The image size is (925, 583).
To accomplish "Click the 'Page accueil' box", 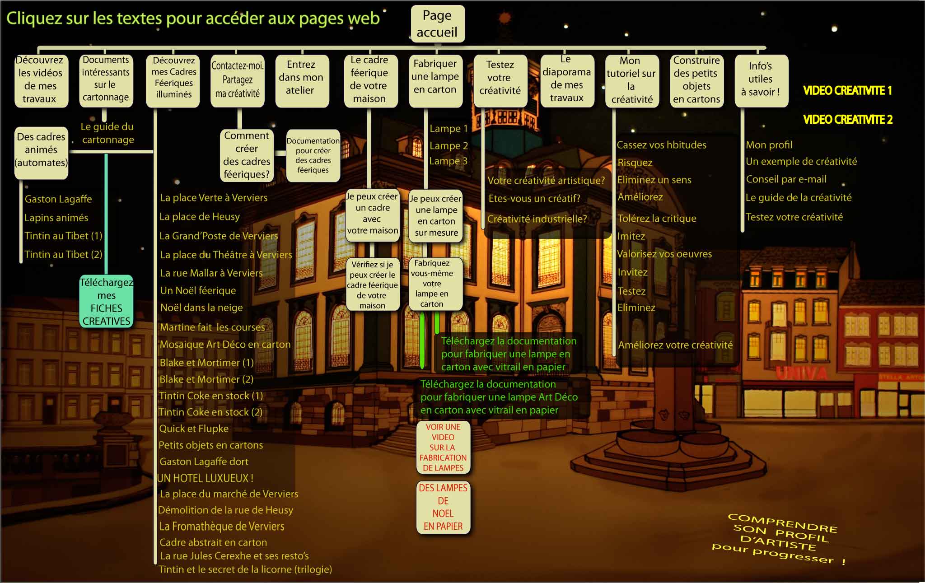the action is click(x=437, y=24).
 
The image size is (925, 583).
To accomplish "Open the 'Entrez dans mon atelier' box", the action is click(x=302, y=81).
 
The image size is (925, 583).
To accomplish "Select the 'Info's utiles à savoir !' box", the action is click(x=761, y=81).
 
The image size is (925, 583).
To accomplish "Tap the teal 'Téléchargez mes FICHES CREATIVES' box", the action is click(x=106, y=301).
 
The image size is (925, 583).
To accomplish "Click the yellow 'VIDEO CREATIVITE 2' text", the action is click(x=848, y=120).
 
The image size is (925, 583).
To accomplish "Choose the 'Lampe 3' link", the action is click(x=448, y=161).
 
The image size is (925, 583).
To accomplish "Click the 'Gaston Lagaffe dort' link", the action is click(x=204, y=462).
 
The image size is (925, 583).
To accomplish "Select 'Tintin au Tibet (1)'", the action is click(x=63, y=236).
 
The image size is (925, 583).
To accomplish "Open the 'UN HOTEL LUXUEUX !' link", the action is click(x=205, y=478).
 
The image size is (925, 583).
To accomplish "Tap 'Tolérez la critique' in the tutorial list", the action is click(x=657, y=219).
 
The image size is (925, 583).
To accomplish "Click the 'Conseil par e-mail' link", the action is click(x=786, y=179).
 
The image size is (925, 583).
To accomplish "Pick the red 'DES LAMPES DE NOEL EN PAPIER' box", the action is click(x=443, y=507).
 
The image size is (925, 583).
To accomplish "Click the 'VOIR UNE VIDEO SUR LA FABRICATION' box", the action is click(x=443, y=448).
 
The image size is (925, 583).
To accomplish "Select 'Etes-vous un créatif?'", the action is click(x=534, y=198).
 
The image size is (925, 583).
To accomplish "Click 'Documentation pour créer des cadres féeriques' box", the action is click(x=313, y=156).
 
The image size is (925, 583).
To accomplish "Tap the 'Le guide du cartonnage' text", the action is click(x=107, y=133).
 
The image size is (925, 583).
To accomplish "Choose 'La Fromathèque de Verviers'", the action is click(x=222, y=526).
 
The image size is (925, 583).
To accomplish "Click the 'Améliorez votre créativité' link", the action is click(x=675, y=345).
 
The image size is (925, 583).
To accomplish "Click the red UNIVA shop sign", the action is click(x=801, y=373).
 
